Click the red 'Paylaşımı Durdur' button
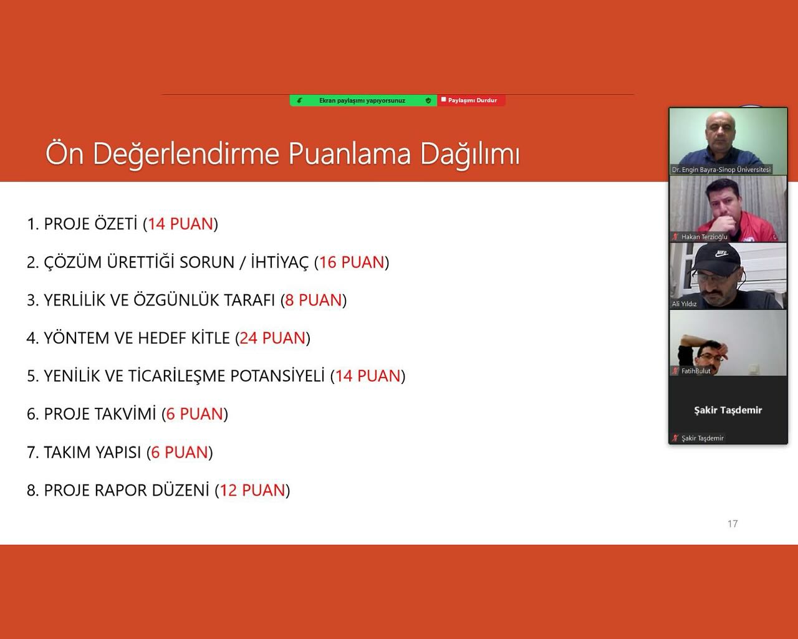pos(471,100)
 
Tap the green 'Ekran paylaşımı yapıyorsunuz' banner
pos(363,100)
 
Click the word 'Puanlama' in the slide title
pos(350,153)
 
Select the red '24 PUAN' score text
pos(272,338)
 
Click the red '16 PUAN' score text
pos(352,262)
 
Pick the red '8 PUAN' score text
pos(314,300)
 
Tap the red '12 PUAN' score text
pos(252,490)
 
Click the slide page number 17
pos(733,524)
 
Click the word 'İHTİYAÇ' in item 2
pos(280,262)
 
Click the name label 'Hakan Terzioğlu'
pos(704,237)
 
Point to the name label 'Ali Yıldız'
pos(684,304)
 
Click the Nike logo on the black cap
pos(721,254)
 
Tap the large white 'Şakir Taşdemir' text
pos(728,410)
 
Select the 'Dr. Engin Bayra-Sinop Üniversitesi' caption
pos(721,170)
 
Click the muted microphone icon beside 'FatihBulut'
pos(675,370)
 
